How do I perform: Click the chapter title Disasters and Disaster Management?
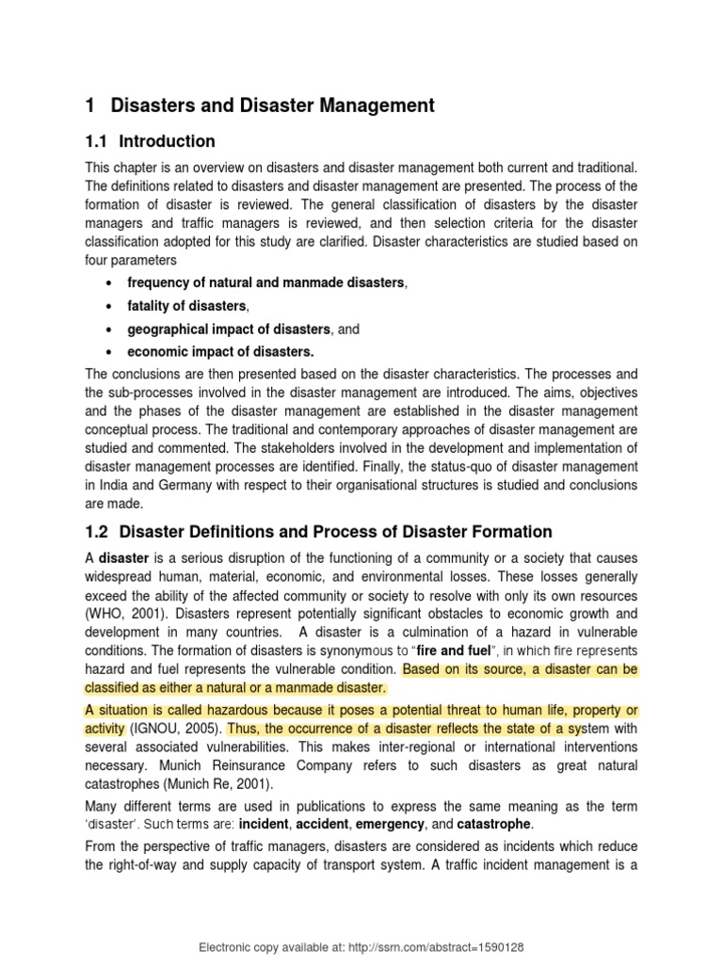pos(272,105)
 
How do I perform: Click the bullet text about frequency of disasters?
pos(265,282)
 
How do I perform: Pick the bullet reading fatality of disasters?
pos(187,306)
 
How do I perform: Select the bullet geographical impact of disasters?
pos(230,329)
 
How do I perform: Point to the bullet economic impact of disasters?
pos(221,352)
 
